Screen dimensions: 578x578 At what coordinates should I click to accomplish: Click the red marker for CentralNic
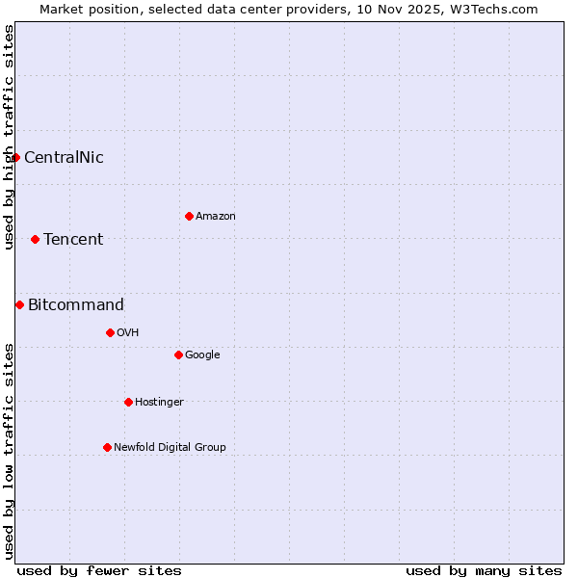click(15, 157)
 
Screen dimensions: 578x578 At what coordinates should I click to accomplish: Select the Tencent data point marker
click(35, 239)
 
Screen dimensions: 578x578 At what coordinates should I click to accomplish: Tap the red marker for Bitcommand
click(19, 304)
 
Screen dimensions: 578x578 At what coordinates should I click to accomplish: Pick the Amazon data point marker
click(189, 216)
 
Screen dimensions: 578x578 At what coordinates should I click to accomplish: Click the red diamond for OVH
click(110, 332)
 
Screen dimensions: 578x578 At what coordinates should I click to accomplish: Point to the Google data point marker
click(178, 355)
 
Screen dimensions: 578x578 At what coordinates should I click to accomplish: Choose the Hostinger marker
click(128, 402)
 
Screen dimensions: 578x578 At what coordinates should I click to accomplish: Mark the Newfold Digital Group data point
click(107, 447)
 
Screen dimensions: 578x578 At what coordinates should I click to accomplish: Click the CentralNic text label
click(64, 158)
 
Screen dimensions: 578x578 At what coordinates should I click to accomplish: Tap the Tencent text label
click(73, 240)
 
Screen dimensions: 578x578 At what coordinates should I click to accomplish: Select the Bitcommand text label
click(76, 305)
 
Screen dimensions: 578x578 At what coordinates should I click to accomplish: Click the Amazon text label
click(216, 217)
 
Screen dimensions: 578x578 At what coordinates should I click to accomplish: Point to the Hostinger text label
click(159, 403)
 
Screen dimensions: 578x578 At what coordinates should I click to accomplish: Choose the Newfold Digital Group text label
click(170, 448)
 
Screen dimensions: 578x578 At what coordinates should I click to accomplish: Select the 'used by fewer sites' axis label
click(99, 570)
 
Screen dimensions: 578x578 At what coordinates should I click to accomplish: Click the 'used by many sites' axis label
click(484, 570)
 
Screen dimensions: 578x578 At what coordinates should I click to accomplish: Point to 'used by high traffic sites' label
click(9, 137)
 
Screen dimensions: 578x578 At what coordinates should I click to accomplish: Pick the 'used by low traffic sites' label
click(9, 451)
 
